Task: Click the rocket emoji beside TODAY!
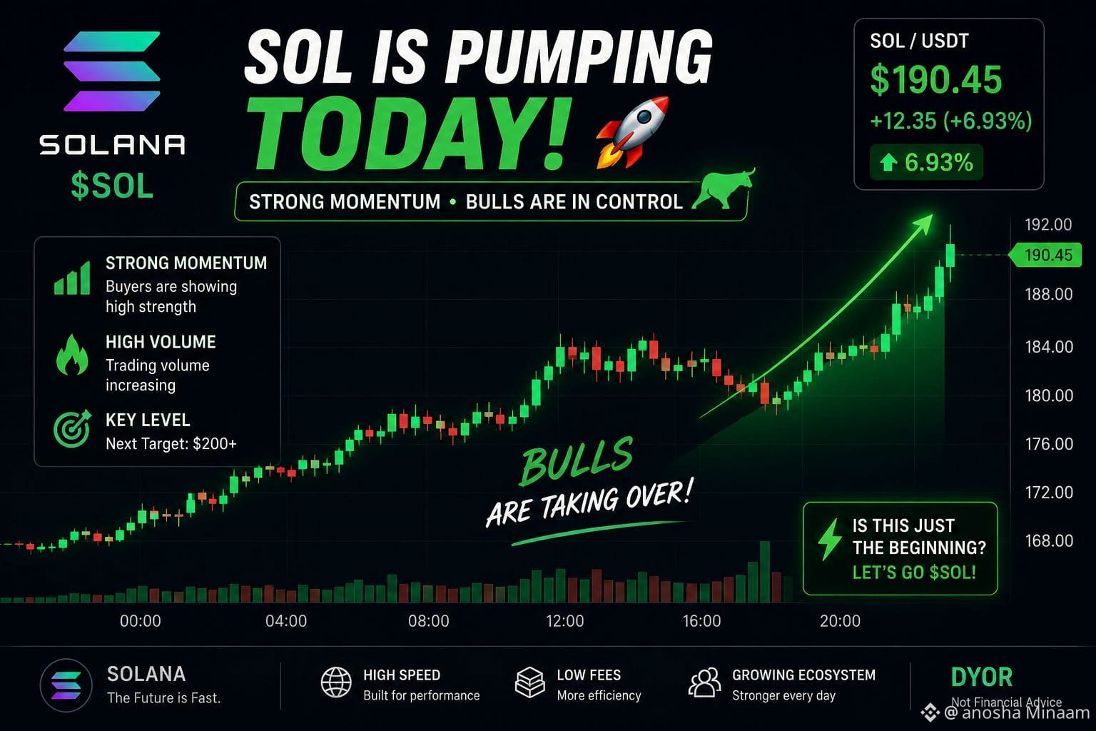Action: pyautogui.click(x=632, y=132)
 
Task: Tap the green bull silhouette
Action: pyautogui.click(x=723, y=189)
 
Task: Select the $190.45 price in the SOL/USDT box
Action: pyautogui.click(x=935, y=79)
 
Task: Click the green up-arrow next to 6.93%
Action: pyautogui.click(x=888, y=162)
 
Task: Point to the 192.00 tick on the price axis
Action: pyautogui.click(x=1048, y=225)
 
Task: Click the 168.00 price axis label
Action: pyautogui.click(x=1049, y=540)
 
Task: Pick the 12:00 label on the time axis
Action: pyautogui.click(x=564, y=621)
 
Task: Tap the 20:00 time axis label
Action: pyautogui.click(x=840, y=621)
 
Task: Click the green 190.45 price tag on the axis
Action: pyautogui.click(x=1045, y=255)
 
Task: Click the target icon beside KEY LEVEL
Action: pyautogui.click(x=72, y=429)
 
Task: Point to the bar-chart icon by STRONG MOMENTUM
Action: pyautogui.click(x=72, y=278)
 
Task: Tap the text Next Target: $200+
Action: pyautogui.click(x=171, y=443)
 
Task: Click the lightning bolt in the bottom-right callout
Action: pyautogui.click(x=829, y=539)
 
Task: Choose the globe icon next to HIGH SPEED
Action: pyautogui.click(x=335, y=682)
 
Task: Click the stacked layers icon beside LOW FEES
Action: pyautogui.click(x=530, y=682)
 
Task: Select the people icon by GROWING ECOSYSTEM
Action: pyautogui.click(x=704, y=682)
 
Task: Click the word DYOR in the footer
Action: pyautogui.click(x=982, y=677)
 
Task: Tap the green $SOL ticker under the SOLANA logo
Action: pyautogui.click(x=112, y=186)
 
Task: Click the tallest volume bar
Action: pyautogui.click(x=765, y=572)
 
